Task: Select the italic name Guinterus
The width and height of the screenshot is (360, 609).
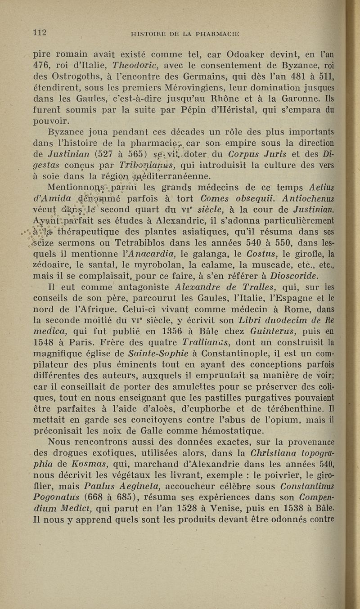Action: pyautogui.click(x=258, y=326)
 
